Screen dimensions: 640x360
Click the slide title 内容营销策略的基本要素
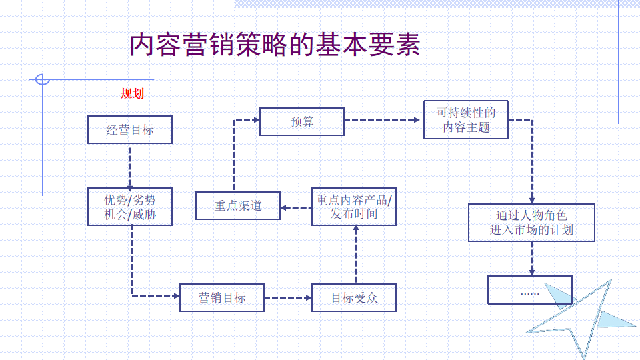click(x=275, y=45)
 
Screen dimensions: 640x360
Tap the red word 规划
click(x=132, y=93)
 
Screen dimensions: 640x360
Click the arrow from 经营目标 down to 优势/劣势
click(x=130, y=167)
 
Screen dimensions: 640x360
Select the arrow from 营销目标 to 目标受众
click(x=288, y=297)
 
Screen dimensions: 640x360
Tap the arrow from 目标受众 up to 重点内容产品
click(x=356, y=254)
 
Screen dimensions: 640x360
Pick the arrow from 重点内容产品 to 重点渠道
click(x=296, y=208)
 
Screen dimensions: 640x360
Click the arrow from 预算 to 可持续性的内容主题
click(x=382, y=120)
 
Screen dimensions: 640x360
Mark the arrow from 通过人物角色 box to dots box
click(x=532, y=259)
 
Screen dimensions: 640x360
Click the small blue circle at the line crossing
click(x=43, y=79)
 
